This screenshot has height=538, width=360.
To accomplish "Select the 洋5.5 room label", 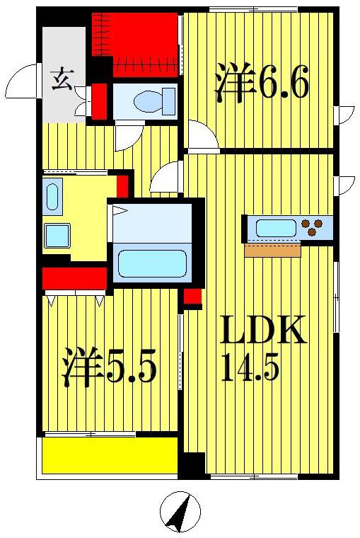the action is pyautogui.click(x=110, y=366).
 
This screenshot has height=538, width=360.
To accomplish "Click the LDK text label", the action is pyautogui.click(x=262, y=330).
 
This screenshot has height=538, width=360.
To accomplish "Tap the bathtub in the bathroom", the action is pyautogui.click(x=152, y=263).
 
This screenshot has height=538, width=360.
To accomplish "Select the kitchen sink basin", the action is pyautogui.click(x=276, y=227).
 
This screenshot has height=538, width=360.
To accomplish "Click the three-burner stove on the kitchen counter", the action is pyautogui.click(x=312, y=227).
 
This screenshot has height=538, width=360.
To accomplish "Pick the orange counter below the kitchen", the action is pyautogui.click(x=272, y=250).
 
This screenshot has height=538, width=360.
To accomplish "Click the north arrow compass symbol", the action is pyautogui.click(x=180, y=511).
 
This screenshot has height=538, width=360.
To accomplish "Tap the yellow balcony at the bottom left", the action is pyautogui.click(x=110, y=455).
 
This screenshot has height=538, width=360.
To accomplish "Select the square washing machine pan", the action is pyautogui.click(x=57, y=235).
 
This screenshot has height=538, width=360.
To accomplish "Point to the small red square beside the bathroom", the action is pyautogui.click(x=192, y=296).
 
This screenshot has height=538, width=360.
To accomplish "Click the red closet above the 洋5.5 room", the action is pyautogui.click(x=74, y=278).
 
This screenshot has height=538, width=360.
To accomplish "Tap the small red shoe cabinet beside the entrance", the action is pyautogui.click(x=100, y=101).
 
